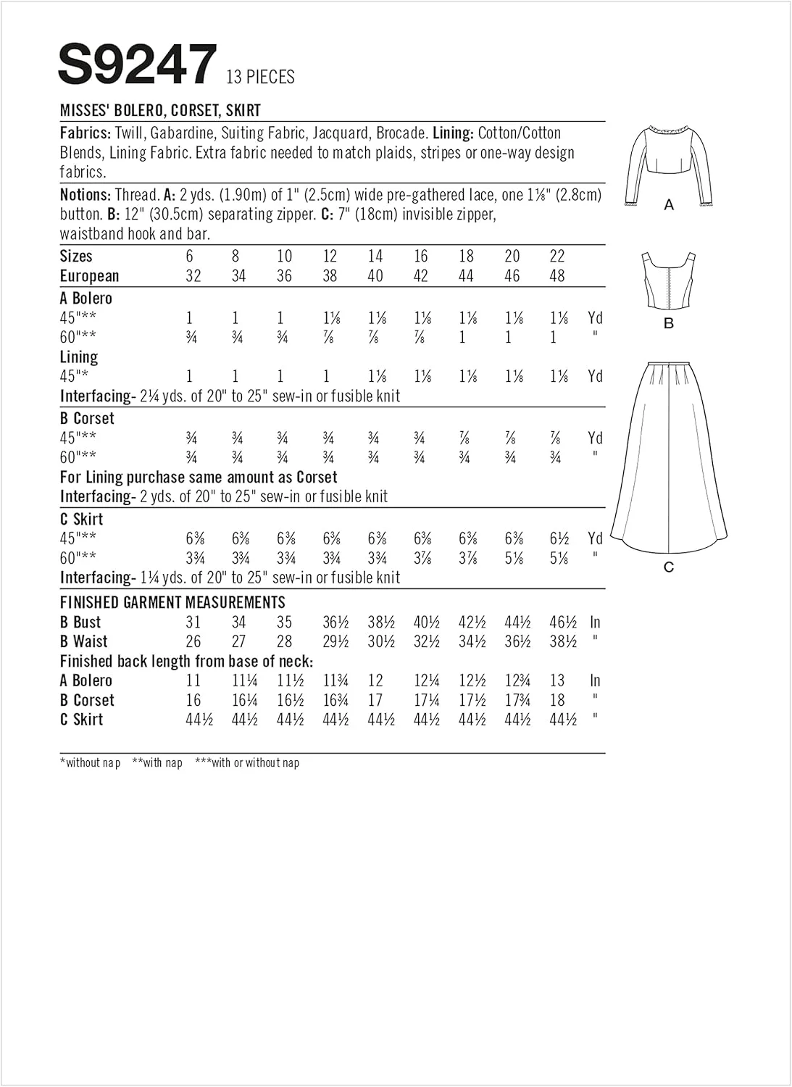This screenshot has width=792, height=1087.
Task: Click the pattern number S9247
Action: [138, 65]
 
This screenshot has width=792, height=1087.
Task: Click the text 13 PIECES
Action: [260, 77]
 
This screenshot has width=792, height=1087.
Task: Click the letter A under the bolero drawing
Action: [669, 206]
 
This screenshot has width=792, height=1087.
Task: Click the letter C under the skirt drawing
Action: [669, 567]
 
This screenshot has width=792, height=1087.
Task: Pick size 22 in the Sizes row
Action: [557, 256]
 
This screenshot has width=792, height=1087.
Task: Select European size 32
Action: [193, 276]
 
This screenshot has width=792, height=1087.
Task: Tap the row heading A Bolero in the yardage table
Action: [86, 298]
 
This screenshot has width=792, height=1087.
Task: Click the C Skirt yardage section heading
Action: [82, 519]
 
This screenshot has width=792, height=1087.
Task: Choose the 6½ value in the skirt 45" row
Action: [559, 538]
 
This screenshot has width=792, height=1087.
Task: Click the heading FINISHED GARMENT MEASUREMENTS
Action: [172, 602]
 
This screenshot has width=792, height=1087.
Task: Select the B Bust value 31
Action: [193, 622]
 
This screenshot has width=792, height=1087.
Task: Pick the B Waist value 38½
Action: [562, 641]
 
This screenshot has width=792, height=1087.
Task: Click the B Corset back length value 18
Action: [557, 700]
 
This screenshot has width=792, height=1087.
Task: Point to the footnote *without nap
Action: [91, 762]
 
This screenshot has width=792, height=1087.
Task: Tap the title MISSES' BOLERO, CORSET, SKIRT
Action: [160, 111]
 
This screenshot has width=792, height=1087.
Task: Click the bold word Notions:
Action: [86, 195]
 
